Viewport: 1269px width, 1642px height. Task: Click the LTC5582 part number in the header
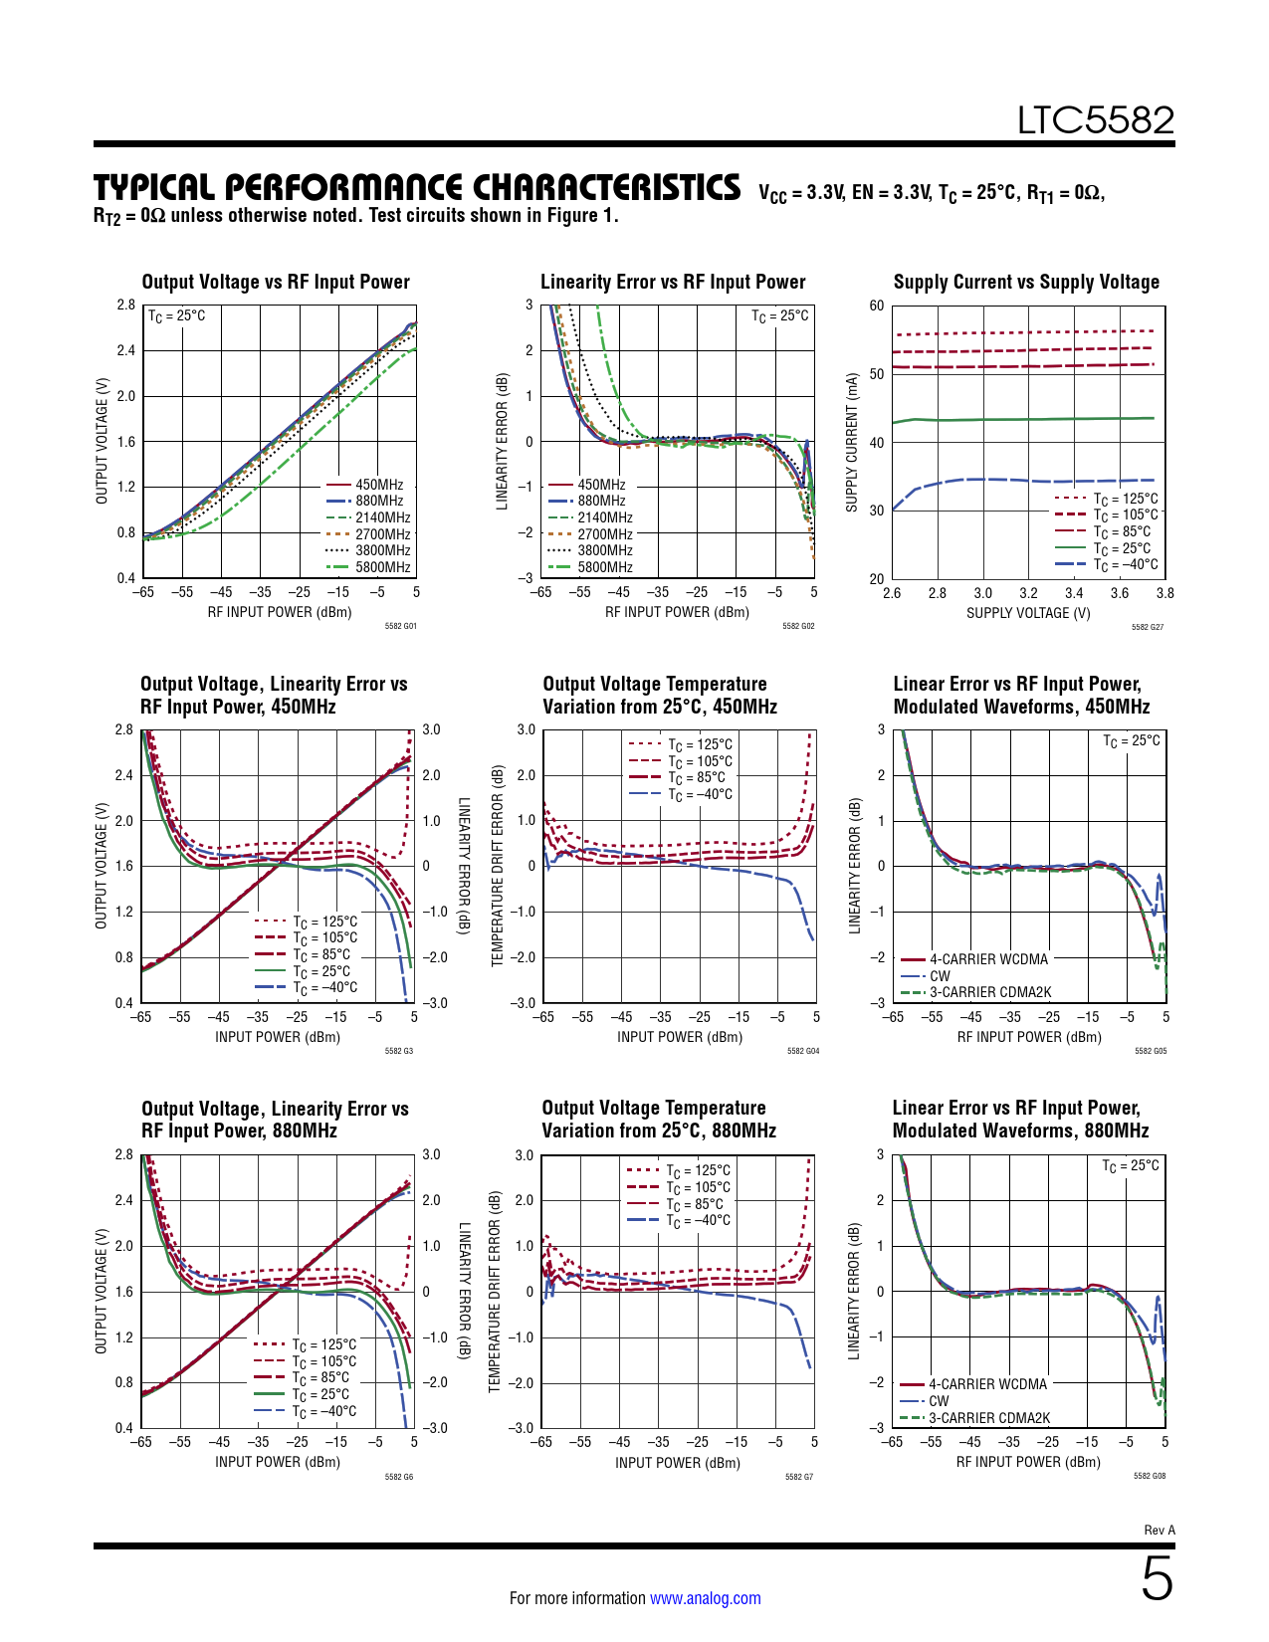coord(1095,120)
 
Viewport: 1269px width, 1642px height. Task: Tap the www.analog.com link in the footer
coord(705,1598)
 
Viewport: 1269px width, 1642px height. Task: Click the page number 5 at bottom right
coord(1157,1579)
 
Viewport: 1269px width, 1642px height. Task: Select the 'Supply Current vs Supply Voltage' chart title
coord(1026,282)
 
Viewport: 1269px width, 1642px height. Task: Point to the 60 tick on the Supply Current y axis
coord(876,306)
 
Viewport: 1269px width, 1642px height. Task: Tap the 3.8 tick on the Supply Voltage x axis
coord(1164,593)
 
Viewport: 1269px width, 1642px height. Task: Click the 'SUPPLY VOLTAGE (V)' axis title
coord(1028,613)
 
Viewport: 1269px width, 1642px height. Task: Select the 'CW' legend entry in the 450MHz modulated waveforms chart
coord(940,976)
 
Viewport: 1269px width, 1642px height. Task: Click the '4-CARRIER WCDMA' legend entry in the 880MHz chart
coord(987,1384)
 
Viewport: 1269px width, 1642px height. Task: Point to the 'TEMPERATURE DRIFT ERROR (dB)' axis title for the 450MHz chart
coord(499,866)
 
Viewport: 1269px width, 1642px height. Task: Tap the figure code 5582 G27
coord(1148,627)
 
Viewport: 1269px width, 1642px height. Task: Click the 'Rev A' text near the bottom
coord(1160,1531)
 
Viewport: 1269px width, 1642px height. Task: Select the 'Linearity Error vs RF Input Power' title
coord(673,282)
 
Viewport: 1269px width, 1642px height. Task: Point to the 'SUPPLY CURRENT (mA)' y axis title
coord(852,443)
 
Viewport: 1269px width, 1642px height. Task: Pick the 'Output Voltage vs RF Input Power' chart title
coord(276,282)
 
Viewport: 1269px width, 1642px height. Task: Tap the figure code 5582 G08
coord(1150,1476)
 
